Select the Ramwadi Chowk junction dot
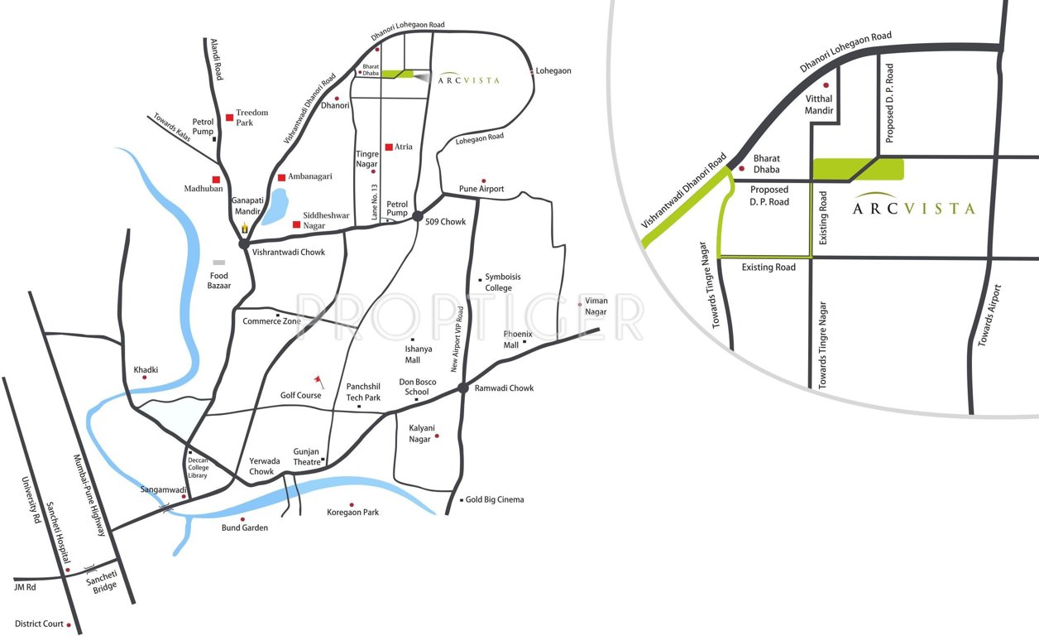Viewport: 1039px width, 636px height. pos(463,388)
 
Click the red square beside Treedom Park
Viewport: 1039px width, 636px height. pos(229,118)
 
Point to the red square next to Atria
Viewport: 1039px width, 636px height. pos(388,147)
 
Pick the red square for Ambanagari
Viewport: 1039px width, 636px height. pos(281,177)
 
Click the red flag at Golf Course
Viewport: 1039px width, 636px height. pos(317,380)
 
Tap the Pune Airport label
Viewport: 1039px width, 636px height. pos(481,190)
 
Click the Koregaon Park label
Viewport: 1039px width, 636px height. pos(352,513)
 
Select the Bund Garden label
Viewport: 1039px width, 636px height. pos(244,528)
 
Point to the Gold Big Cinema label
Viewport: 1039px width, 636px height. pos(494,499)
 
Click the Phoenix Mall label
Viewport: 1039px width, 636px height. pos(518,339)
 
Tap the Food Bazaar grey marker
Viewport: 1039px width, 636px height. pos(218,263)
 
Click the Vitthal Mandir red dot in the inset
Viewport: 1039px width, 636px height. pos(825,85)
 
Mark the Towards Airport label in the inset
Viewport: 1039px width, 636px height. pos(990,316)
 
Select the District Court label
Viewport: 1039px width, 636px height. pos(39,624)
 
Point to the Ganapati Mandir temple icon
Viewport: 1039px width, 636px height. pos(244,227)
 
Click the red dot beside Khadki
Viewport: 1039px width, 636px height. pos(145,378)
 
